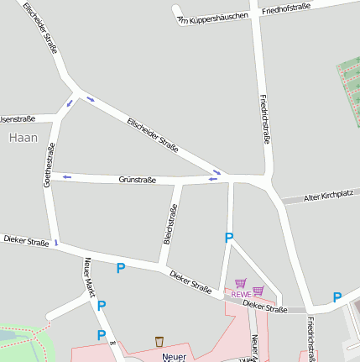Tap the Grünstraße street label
click(138, 180)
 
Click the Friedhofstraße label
click(286, 9)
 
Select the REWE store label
click(241, 295)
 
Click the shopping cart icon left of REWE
click(241, 284)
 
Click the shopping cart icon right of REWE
click(258, 291)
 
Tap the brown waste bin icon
click(159, 342)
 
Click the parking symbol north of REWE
click(228, 239)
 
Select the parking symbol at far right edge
click(337, 297)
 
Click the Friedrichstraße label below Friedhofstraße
click(265, 118)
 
